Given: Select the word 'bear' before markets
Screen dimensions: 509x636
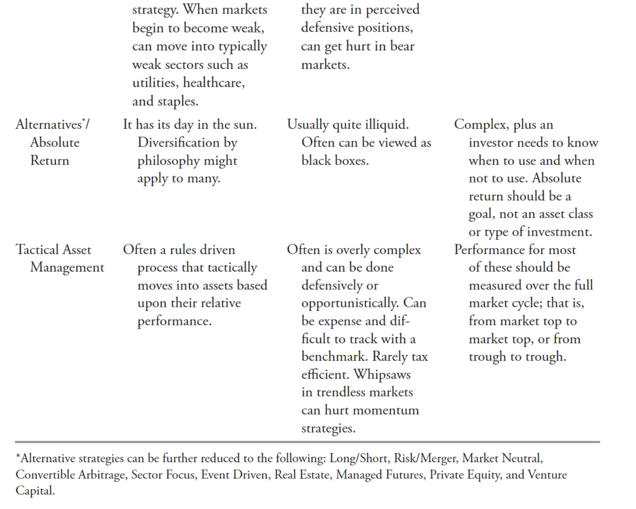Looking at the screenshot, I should coord(402,46).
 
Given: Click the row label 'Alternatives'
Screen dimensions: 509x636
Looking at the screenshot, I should coord(49,124).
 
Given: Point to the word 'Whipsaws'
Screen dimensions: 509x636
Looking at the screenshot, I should coord(382,374).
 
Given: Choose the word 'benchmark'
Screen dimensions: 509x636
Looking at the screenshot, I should coord(335,356).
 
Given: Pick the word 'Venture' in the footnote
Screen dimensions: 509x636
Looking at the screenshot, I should coord(547,474).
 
